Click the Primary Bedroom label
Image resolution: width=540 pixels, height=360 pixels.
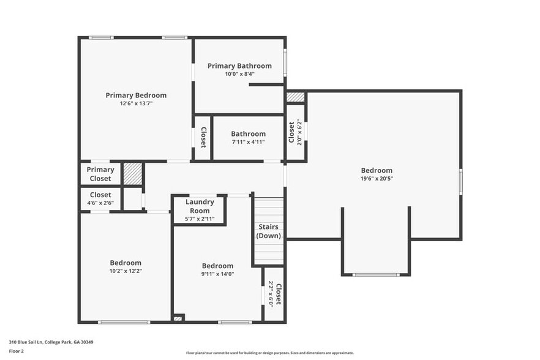tap(136, 96)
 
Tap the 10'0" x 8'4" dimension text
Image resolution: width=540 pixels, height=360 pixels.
tap(240, 74)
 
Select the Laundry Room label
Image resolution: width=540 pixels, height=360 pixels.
tap(200, 206)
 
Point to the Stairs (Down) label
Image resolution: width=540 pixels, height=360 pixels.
tap(268, 231)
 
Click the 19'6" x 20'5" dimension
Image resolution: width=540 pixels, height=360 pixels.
tap(377, 178)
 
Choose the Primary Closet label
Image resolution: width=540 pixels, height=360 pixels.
tap(100, 174)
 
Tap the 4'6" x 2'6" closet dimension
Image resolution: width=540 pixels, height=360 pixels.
tap(100, 203)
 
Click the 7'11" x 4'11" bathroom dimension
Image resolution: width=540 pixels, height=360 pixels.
tap(249, 142)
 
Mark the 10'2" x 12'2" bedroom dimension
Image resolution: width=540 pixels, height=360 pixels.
tap(126, 271)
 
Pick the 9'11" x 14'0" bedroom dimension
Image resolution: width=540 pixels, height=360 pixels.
tap(218, 274)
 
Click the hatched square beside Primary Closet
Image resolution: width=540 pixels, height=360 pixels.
tap(133, 173)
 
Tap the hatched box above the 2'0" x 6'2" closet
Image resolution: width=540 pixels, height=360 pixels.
tap(296, 97)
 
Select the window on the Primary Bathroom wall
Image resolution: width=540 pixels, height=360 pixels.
tap(285, 62)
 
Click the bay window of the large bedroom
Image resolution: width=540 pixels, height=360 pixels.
tap(376, 275)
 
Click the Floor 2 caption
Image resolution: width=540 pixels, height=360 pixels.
tap(16, 351)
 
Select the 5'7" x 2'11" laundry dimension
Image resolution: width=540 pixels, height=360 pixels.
tap(200, 219)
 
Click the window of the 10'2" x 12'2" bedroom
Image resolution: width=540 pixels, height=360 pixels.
tap(124, 323)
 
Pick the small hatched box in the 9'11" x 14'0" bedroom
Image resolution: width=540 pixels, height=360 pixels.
tap(178, 318)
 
